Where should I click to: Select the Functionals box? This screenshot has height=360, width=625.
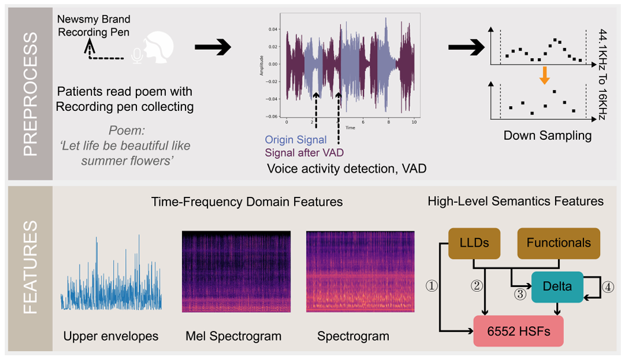pos(559,243)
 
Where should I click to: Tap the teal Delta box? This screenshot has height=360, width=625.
pos(557,286)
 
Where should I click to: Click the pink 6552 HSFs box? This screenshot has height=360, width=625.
pos(518,331)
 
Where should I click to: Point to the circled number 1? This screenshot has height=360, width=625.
pos(432,286)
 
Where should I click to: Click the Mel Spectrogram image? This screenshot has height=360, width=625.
pos(235,271)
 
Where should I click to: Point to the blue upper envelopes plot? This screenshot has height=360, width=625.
pos(111,273)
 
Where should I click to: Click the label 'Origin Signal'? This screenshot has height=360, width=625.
pos(295,140)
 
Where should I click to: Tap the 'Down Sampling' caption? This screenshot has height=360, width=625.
pos(547,135)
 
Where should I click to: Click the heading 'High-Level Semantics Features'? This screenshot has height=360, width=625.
pos(515,202)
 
